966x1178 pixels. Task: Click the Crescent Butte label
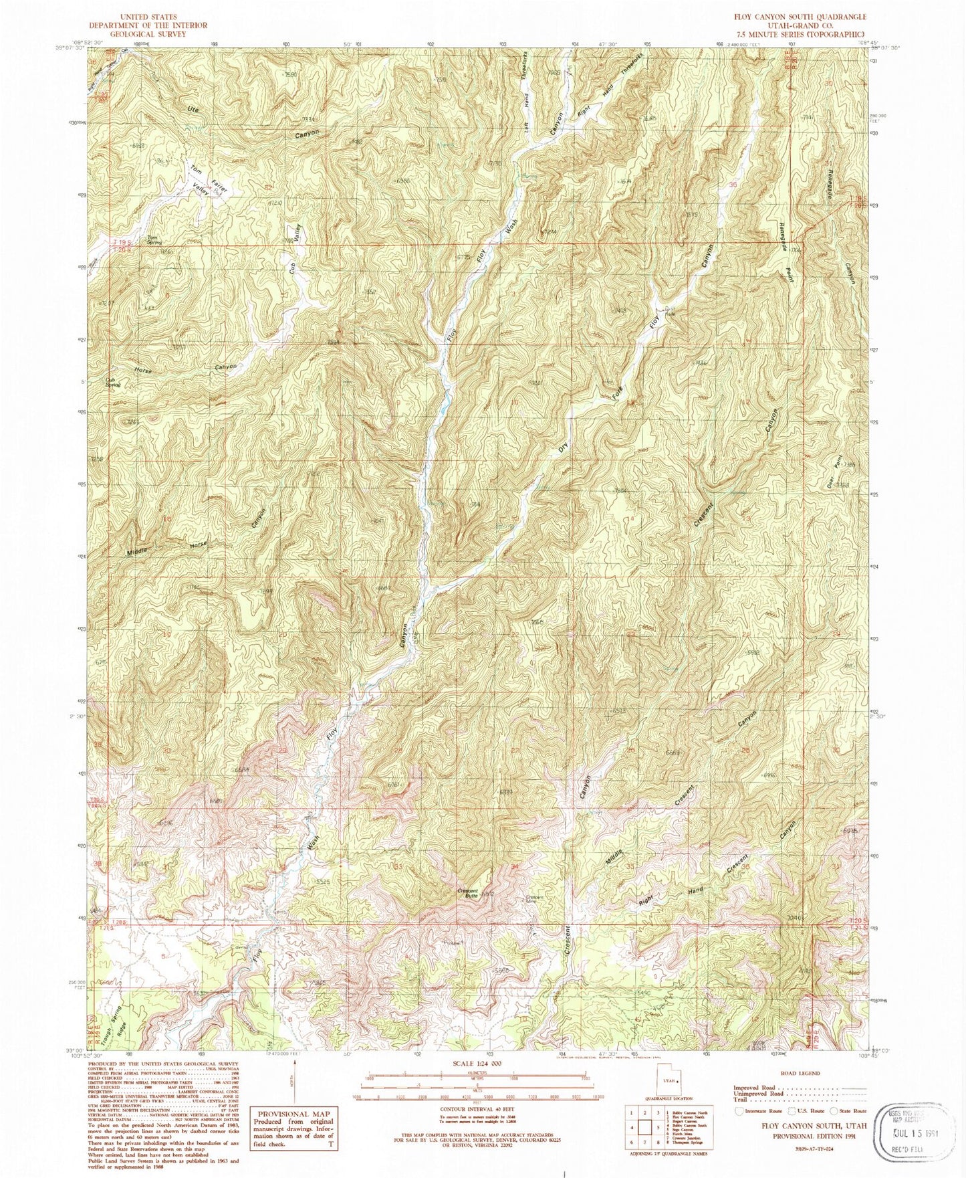click(x=467, y=892)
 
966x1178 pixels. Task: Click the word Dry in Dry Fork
click(x=564, y=446)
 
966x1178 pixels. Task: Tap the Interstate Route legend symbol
click(x=738, y=1110)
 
